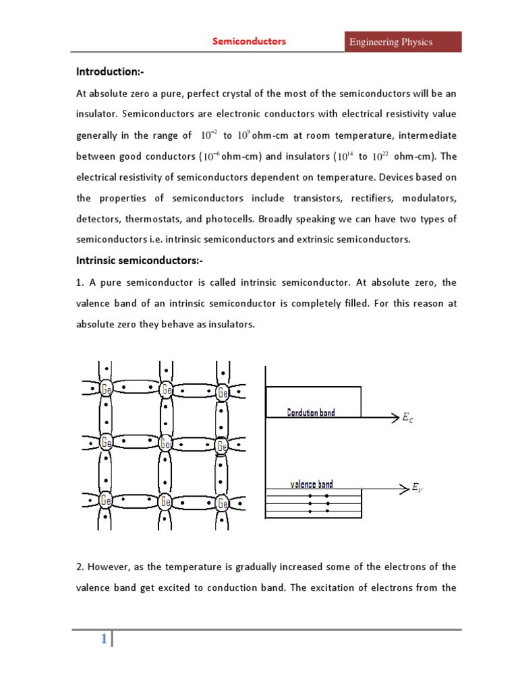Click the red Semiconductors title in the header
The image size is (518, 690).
click(x=250, y=42)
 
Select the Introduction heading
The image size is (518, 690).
click(x=109, y=72)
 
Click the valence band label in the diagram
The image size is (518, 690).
click(x=311, y=484)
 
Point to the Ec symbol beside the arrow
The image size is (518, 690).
click(x=408, y=418)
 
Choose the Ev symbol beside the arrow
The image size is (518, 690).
click(x=419, y=487)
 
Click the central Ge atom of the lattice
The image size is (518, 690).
click(x=165, y=444)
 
